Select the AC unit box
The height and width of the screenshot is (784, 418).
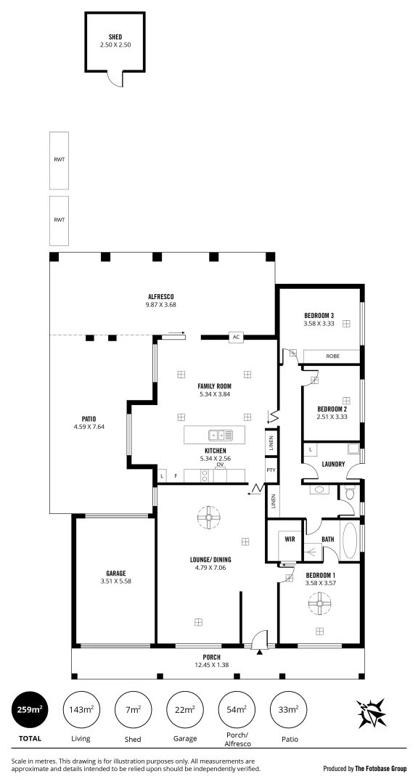(236, 337)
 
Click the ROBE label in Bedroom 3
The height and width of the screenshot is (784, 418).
(332, 356)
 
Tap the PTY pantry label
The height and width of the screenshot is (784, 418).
(271, 470)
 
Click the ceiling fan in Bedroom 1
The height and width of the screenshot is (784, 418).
(319, 602)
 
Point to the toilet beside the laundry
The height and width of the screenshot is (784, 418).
(350, 494)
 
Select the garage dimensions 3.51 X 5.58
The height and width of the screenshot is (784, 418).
(116, 581)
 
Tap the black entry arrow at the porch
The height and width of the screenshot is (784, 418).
(260, 652)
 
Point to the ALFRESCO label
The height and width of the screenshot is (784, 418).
(161, 296)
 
